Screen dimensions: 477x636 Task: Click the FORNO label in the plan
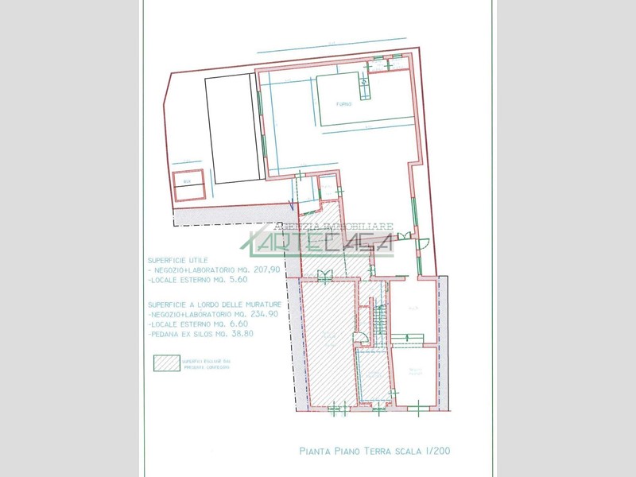343,103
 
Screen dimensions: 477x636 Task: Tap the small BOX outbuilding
189,184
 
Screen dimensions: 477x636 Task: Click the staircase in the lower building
379,322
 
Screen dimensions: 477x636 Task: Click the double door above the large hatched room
324,276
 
